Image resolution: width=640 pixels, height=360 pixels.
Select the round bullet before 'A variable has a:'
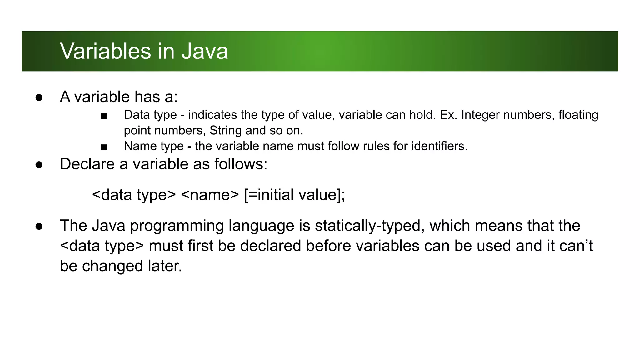click(39, 97)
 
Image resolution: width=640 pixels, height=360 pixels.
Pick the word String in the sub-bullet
click(226, 131)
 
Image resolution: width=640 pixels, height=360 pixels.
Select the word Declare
click(87, 164)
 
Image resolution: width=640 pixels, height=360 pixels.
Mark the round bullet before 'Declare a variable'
click(39, 165)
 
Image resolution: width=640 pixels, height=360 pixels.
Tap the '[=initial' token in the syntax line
click(269, 195)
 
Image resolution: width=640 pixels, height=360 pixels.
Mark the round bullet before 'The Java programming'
click(39, 226)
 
